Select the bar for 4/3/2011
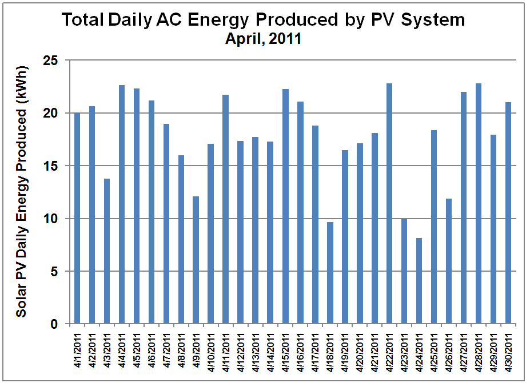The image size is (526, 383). point(106,252)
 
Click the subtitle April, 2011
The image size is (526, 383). point(263,40)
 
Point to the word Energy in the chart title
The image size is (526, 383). point(222,21)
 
